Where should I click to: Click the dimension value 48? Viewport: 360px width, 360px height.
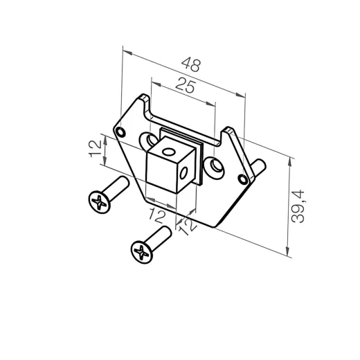pos(191,66)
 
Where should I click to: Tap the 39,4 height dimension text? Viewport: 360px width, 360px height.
pos(299,207)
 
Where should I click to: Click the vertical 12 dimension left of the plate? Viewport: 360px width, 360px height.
pos(95,148)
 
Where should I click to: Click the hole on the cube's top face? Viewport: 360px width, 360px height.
pos(166,147)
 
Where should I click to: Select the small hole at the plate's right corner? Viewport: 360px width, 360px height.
pos(242,178)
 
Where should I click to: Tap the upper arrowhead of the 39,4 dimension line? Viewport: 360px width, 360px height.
pos(289,159)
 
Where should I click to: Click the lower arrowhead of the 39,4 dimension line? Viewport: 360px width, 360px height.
pos(289,254)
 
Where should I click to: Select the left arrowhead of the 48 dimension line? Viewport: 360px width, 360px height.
pos(124,50)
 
